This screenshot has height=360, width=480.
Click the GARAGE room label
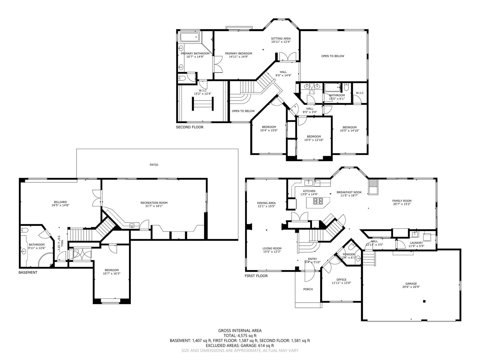(x=411, y=283)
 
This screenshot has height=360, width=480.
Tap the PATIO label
(x=154, y=165)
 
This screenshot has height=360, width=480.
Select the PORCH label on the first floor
(x=308, y=289)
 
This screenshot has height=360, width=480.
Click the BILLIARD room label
(x=60, y=202)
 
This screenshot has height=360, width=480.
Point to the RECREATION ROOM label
(x=154, y=203)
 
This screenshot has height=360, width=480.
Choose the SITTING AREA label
(x=281, y=38)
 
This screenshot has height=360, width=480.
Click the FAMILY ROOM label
(x=402, y=201)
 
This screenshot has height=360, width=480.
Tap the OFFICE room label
(x=341, y=280)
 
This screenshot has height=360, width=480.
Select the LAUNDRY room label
(x=416, y=243)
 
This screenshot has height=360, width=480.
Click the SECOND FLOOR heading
(x=190, y=127)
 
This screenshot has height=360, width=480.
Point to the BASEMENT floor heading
(x=28, y=272)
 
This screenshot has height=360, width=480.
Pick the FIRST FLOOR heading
(x=256, y=276)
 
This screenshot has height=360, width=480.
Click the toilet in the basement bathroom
(x=25, y=230)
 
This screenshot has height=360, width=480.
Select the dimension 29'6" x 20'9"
(x=411, y=287)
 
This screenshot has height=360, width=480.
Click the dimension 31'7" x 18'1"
(x=154, y=206)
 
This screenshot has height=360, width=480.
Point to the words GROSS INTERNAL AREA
(x=240, y=331)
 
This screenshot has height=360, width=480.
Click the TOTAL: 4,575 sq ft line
(x=240, y=335)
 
